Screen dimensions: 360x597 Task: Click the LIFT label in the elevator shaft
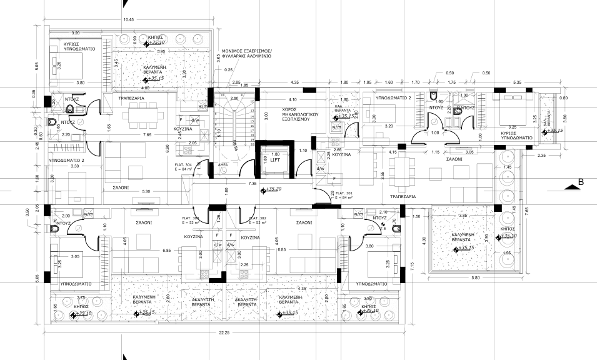[x=276, y=159]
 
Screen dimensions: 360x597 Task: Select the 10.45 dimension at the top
[x=129, y=20]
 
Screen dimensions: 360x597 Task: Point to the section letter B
[x=581, y=182]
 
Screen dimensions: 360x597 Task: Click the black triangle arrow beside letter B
[x=569, y=187]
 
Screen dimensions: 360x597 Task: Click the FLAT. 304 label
[x=184, y=164]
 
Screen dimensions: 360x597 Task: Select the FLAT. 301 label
[x=344, y=193]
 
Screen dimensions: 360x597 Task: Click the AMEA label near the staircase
[x=223, y=165]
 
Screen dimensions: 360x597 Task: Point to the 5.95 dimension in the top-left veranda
[x=161, y=51]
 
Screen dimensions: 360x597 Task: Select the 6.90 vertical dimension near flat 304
[x=167, y=148]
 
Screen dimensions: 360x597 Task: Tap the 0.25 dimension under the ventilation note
[x=229, y=69]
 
